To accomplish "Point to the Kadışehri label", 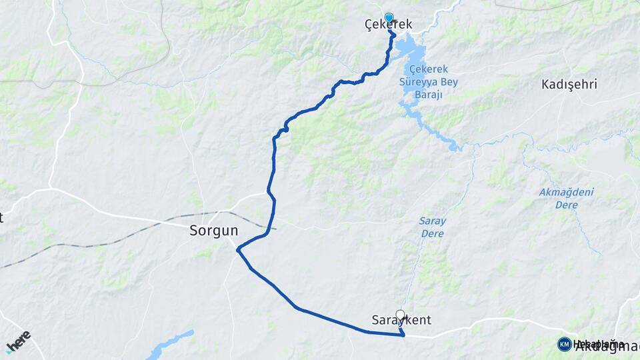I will (569, 85).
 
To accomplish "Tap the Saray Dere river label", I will (433, 227).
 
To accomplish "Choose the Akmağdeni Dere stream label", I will (567, 199).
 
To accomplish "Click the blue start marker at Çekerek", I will (389, 17).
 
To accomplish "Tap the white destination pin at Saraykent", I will (400, 315).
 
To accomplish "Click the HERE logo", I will (19, 340).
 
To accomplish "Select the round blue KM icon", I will (564, 344).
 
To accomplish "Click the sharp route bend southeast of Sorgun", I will (238, 249).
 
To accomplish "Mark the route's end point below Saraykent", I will (403, 335).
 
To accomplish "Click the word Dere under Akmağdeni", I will (567, 205).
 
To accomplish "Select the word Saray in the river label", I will (433, 221).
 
